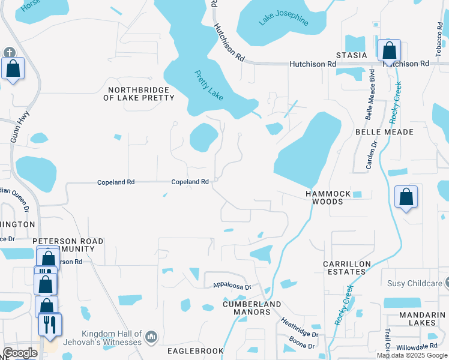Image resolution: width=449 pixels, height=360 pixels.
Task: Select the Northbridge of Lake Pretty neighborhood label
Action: tap(139, 94)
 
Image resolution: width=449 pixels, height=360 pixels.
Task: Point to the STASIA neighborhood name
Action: tap(351, 55)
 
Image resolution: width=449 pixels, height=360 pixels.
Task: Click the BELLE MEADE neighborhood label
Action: tap(385, 131)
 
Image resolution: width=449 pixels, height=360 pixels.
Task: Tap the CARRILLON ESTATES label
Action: tap(344, 268)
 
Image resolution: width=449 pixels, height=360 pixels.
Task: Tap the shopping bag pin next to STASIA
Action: tap(389, 51)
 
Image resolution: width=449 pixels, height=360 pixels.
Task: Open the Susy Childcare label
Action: tap(414, 283)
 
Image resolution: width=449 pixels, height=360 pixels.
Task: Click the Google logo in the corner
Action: tap(20, 353)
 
